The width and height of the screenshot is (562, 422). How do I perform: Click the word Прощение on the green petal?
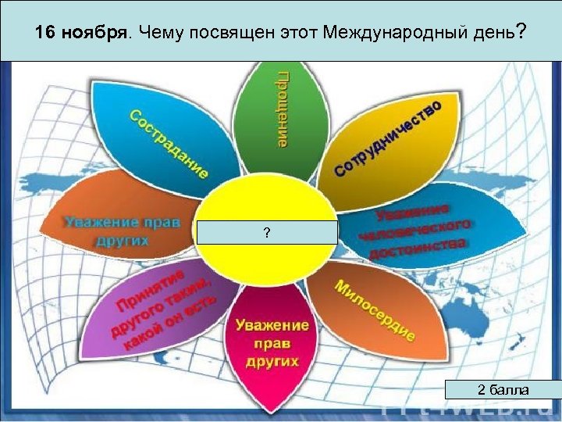[282, 108]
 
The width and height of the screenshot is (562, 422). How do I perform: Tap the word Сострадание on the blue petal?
[169, 144]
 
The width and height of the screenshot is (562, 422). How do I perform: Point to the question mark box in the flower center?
[267, 233]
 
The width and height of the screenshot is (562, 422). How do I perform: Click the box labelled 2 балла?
[503, 389]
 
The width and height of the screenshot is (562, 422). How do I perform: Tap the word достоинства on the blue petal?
[418, 249]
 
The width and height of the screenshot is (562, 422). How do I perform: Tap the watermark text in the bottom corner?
[468, 412]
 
